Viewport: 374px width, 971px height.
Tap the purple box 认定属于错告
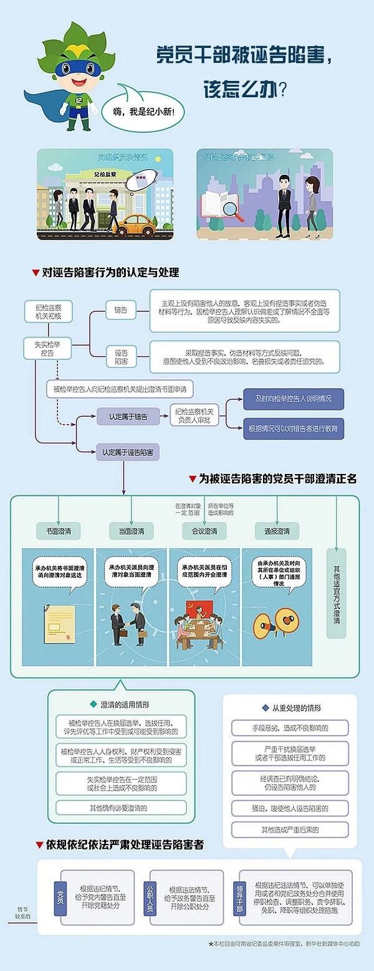(x=128, y=417)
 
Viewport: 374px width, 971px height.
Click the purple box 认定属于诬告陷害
(x=128, y=450)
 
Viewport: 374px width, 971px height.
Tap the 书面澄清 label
(x=58, y=531)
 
